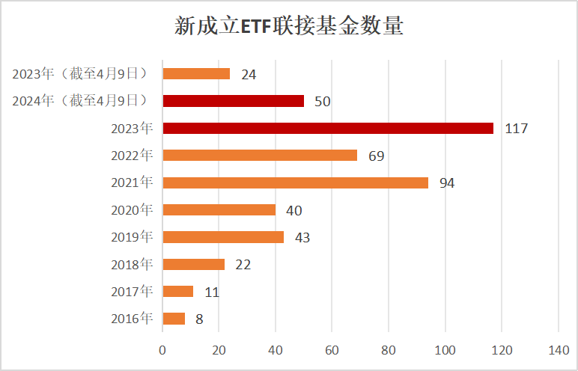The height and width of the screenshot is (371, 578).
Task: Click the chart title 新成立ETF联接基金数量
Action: point(289,28)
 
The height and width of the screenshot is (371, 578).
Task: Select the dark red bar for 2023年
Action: point(328,128)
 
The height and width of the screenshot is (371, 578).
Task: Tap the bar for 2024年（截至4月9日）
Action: point(233,101)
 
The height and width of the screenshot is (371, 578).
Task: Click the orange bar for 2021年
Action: point(295,183)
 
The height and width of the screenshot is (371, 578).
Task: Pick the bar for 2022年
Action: point(260,155)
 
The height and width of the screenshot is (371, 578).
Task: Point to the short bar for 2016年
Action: point(174,319)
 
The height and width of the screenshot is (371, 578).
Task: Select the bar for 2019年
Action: point(223,237)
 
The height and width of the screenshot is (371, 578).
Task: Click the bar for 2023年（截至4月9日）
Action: point(196,73)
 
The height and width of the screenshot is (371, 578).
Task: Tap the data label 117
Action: point(517,129)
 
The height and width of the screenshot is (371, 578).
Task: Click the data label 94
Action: point(447,183)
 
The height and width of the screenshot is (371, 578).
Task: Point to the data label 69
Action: point(377,156)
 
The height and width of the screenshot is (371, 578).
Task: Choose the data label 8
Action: point(199,319)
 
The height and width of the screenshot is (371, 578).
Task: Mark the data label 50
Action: point(323,101)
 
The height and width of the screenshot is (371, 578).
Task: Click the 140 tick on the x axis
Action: point(559,349)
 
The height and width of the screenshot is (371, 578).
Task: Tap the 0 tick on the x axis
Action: point(162,349)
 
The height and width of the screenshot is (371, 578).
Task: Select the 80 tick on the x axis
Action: point(389,349)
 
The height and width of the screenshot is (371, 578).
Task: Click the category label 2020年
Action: point(132,209)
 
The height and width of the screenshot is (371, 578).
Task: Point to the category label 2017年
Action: point(132,291)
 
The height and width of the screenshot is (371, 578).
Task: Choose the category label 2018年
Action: point(132,264)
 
